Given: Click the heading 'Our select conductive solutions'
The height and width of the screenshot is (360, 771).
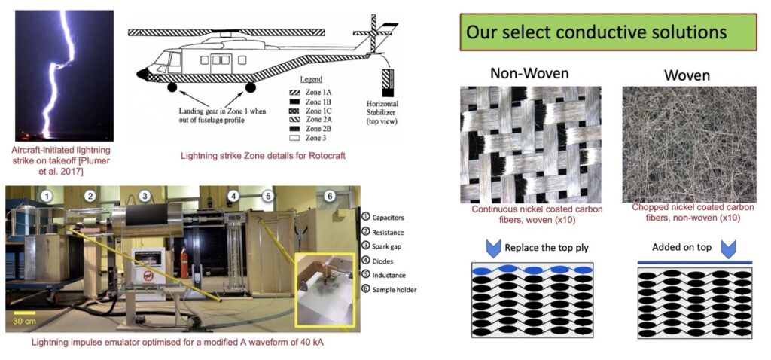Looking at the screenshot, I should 596,33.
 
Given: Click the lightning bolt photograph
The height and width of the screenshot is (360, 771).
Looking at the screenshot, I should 65,75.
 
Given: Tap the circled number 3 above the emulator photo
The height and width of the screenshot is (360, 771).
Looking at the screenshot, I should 145,197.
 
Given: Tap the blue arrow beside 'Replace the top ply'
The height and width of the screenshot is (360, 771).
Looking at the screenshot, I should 492,248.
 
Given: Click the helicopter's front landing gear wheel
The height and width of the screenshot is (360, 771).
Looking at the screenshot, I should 173,88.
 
